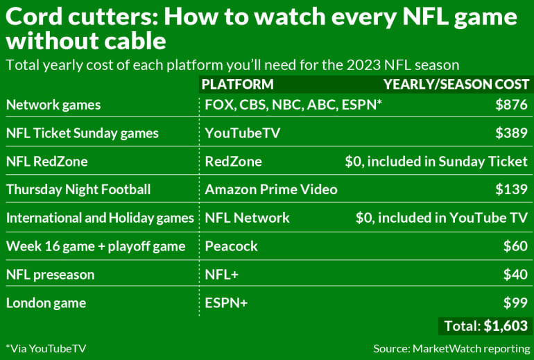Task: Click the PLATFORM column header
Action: point(236,85)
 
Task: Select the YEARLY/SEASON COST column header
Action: point(456,85)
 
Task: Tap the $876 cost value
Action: point(511,105)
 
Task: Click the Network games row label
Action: point(53,105)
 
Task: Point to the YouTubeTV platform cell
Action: point(242,133)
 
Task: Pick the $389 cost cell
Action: point(511,133)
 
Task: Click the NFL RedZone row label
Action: point(47,162)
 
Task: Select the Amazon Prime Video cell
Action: point(271,189)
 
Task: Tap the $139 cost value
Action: point(511,189)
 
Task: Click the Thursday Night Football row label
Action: point(78,189)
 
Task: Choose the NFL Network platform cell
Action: point(247,218)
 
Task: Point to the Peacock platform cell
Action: point(231,246)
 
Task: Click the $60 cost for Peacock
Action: point(515,246)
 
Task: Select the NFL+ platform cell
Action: point(221,275)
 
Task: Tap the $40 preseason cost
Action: point(515,275)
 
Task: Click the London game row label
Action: point(45,303)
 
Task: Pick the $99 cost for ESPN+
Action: point(515,303)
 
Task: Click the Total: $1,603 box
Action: point(484,326)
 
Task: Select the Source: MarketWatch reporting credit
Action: point(451,348)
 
